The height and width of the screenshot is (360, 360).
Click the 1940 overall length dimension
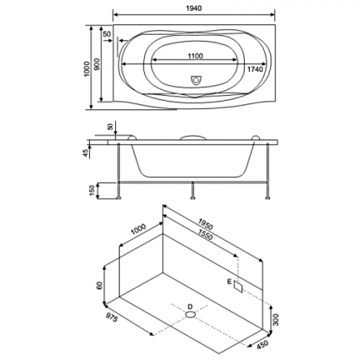tap(194, 8)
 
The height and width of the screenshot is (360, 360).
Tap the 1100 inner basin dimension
tap(195, 56)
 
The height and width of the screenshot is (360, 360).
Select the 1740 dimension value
tap(255, 69)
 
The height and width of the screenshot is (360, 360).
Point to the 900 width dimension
tap(96, 64)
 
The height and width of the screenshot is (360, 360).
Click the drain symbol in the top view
tap(196, 81)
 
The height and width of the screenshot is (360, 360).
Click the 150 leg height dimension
tap(92, 190)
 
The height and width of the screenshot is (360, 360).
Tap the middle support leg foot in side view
tap(192, 198)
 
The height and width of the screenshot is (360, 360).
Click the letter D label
tap(190, 307)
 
